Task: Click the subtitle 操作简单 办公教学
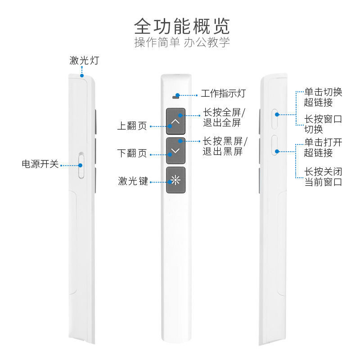coord(182,43)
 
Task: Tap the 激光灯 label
coord(84,60)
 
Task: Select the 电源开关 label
coord(40,164)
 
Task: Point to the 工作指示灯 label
coord(223,94)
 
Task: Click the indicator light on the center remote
coord(177,95)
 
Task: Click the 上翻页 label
coord(132,126)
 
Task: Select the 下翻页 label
coord(132,153)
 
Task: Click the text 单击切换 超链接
coord(323,97)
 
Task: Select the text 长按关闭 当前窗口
coord(323,177)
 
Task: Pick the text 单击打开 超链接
coord(323,148)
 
